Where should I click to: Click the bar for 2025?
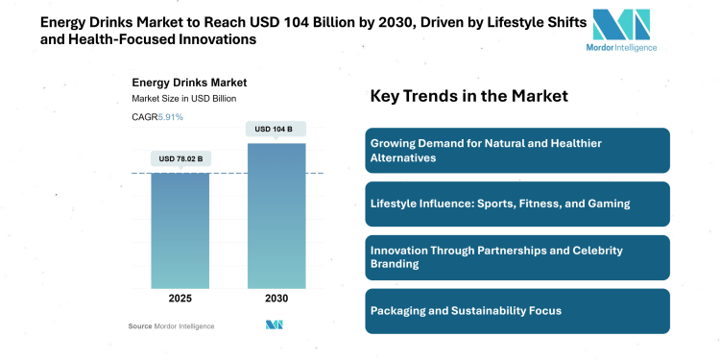click(x=180, y=230)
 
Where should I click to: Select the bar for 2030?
click(x=276, y=216)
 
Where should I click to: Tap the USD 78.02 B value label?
click(x=180, y=158)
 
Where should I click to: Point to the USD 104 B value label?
click(x=276, y=129)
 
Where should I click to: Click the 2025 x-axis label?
click(x=180, y=299)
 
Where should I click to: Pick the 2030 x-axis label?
click(x=276, y=299)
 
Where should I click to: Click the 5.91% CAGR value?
click(x=171, y=117)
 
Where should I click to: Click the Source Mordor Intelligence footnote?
click(x=172, y=326)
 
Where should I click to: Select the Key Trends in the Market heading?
click(x=469, y=96)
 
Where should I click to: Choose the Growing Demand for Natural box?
click(x=516, y=150)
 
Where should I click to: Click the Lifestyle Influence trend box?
click(x=516, y=204)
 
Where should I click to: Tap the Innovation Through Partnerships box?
click(x=516, y=257)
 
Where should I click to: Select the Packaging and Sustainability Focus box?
click(x=516, y=311)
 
